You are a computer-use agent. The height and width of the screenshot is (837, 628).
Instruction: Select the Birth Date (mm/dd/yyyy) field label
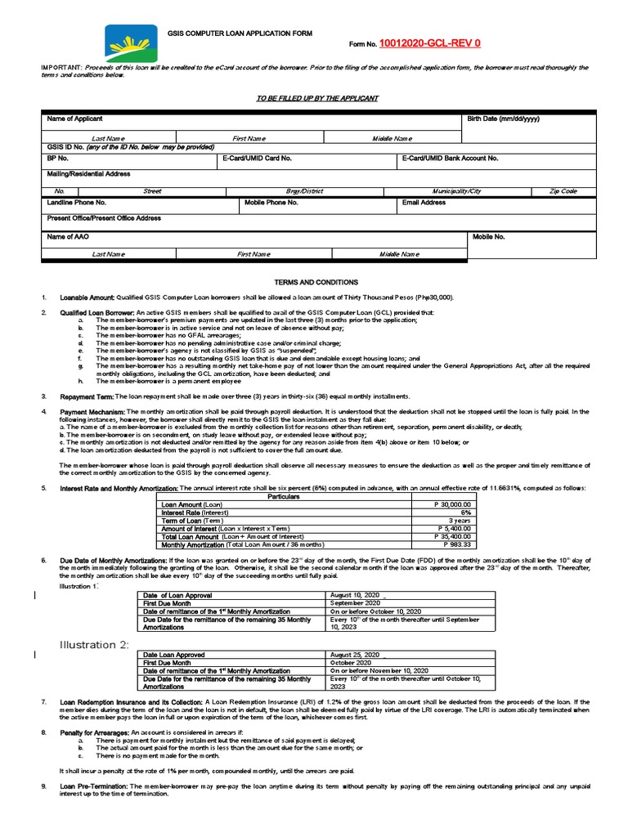[x=503, y=119]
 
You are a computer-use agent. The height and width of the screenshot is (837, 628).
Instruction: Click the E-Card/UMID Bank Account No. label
[x=450, y=159]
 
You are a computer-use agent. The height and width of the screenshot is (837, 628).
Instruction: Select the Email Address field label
[x=424, y=202]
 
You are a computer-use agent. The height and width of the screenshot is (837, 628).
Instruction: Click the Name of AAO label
[x=68, y=236]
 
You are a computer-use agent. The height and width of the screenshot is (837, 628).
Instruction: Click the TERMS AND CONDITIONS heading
[x=316, y=282]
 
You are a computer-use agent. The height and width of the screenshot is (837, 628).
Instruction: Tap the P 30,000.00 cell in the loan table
[x=451, y=505]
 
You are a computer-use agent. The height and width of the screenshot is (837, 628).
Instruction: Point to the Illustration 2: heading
[x=93, y=645]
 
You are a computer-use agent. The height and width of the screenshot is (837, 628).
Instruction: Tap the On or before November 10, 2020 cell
[x=379, y=670]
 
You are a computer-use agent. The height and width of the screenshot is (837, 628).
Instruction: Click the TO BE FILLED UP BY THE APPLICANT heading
[x=317, y=98]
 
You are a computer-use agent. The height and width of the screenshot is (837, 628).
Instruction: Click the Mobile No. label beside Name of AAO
[x=488, y=236]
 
